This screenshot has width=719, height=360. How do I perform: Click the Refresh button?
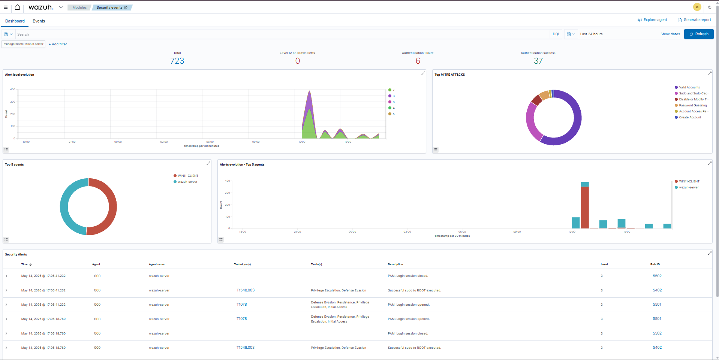[x=699, y=34]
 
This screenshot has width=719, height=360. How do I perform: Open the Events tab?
[x=39, y=21]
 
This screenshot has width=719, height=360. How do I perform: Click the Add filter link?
[x=58, y=44]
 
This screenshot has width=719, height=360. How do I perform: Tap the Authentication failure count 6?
[x=418, y=61]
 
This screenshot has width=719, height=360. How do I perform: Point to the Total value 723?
[x=177, y=61]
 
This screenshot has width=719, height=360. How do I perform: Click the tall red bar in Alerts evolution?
[x=585, y=207]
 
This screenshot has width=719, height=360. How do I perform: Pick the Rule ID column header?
[x=655, y=264]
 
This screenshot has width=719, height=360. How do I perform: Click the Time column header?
[x=24, y=264]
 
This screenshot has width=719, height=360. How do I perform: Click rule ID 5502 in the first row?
[x=657, y=276]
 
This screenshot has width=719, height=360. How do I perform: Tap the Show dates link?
[x=670, y=34]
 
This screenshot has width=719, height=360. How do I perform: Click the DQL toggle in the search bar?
[x=556, y=34]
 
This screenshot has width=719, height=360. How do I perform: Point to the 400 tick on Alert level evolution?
[x=13, y=89]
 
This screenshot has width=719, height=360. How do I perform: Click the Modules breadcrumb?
[x=79, y=7]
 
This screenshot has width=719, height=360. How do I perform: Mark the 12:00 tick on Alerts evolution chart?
[x=572, y=232]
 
